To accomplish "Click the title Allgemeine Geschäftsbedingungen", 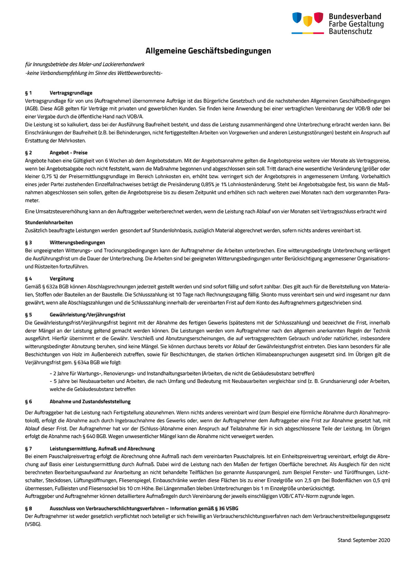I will pos(208,51).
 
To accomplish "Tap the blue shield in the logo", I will pos(297,18).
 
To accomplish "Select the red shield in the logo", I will pos(319,18).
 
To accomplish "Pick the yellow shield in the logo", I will pos(308,21).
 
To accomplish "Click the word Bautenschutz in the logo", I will pos(350,31).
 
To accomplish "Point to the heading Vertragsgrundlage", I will pos(71,93).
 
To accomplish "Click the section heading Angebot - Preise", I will pos(68,153).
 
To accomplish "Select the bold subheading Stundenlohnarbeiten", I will pos(49,222).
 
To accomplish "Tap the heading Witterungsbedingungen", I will pos(77,242).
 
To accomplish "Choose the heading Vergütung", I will pos(62,279).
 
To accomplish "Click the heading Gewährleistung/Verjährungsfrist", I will pos(87,315).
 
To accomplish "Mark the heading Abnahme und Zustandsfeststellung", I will pos(90,402).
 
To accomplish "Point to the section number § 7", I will pos(28,449).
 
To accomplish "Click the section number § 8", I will pos(28,508).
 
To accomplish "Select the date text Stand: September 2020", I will pos(363,540).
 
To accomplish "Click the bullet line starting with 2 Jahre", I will pos(182,373).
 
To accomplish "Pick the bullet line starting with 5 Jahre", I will pos(220,381).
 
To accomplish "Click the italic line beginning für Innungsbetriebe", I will pos(85,64).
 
